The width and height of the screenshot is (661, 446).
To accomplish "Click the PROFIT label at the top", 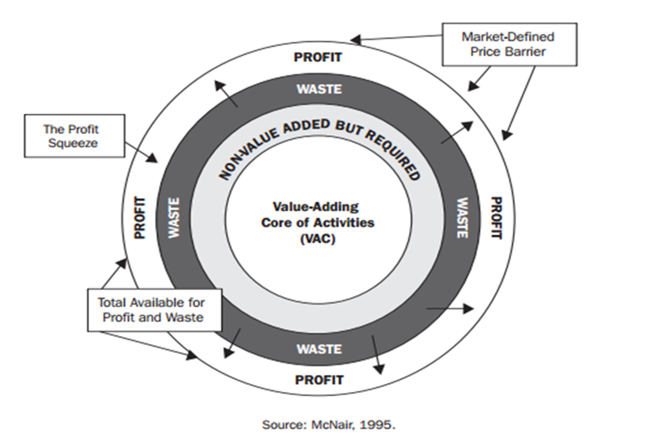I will coord(318,57).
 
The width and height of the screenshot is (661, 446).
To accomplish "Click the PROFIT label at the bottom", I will coord(318,379).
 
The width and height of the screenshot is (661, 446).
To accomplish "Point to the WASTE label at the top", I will coord(318,89).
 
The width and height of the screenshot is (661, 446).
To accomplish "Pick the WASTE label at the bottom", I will coord(318,349).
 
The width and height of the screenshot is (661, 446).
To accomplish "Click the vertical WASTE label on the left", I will coord(172,218).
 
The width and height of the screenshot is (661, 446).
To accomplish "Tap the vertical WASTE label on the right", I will coord(462,218).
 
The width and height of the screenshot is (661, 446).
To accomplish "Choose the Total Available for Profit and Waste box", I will coord(146,310).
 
